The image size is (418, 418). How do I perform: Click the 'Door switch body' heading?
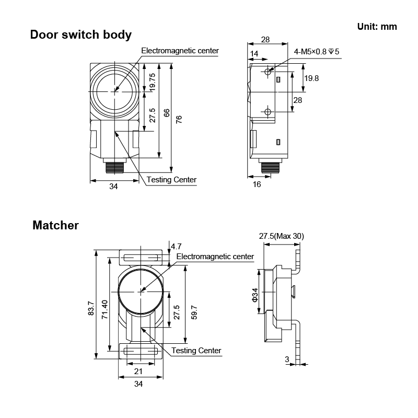[81, 35]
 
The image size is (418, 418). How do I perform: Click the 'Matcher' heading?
[55, 225]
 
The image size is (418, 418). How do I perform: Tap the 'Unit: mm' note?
[377, 27]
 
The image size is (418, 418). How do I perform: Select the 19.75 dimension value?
[152, 83]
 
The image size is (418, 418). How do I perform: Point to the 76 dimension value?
[179, 119]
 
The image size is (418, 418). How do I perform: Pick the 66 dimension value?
[167, 113]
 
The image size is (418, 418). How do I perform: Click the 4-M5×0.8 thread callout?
[317, 51]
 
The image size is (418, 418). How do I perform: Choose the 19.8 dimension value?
[311, 78]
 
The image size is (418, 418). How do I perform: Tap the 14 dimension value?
[254, 54]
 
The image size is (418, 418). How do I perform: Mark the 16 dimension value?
[257, 184]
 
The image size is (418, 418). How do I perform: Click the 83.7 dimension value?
[91, 308]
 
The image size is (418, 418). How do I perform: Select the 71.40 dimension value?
[104, 309]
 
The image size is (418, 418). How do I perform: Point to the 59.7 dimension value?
[194, 312]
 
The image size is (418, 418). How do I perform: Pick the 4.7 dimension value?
[176, 246]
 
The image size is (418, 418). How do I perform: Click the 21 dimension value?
[138, 371]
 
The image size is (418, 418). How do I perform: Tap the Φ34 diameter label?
[255, 295]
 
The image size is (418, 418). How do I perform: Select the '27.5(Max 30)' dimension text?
[282, 236]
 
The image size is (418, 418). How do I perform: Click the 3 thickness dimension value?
[287, 359]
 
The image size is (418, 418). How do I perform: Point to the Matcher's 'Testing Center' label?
[196, 350]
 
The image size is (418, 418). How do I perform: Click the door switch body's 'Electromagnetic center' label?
[180, 51]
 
